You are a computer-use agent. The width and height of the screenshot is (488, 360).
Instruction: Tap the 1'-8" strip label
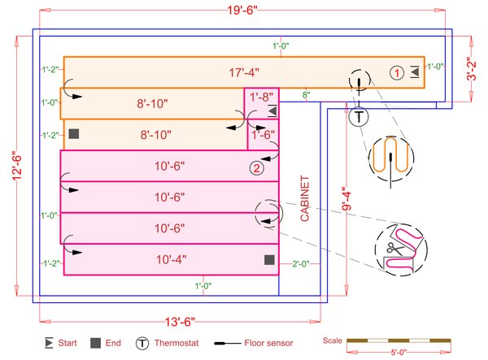[262, 97]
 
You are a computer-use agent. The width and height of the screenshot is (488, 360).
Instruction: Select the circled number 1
[395, 72]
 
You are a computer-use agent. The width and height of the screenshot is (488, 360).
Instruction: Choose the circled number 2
[257, 168]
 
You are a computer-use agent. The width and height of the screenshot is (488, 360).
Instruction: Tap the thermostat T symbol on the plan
[358, 116]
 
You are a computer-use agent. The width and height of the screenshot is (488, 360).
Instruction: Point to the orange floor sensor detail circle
[390, 156]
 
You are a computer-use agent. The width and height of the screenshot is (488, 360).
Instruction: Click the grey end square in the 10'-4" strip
[268, 259]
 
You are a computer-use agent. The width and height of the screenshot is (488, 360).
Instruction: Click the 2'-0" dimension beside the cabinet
[300, 264]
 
